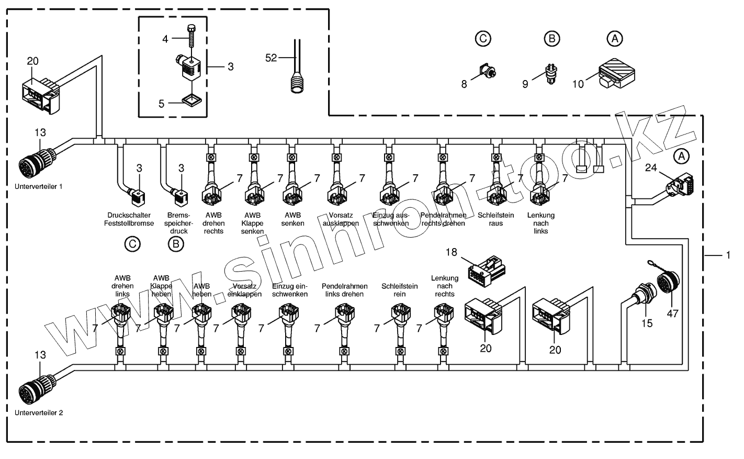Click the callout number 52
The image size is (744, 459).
(271, 58)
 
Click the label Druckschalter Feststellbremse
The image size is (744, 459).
(130, 219)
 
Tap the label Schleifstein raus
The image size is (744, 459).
(496, 219)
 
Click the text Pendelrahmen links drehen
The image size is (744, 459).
(344, 290)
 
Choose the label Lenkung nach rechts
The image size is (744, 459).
(444, 286)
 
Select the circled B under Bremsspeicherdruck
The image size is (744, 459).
(177, 243)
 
